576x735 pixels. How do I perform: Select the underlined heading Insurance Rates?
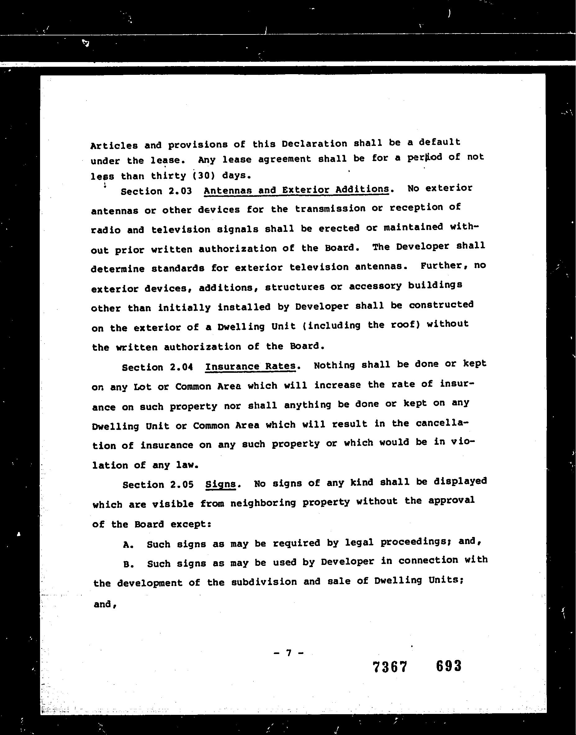point(250,366)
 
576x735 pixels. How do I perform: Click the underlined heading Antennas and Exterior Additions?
point(296,190)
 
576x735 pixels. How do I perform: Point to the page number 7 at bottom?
point(288,653)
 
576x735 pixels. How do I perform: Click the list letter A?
point(128,544)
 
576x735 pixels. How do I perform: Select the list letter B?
point(128,564)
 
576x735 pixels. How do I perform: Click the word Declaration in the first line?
point(314,144)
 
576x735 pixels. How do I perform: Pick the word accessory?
point(375,286)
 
